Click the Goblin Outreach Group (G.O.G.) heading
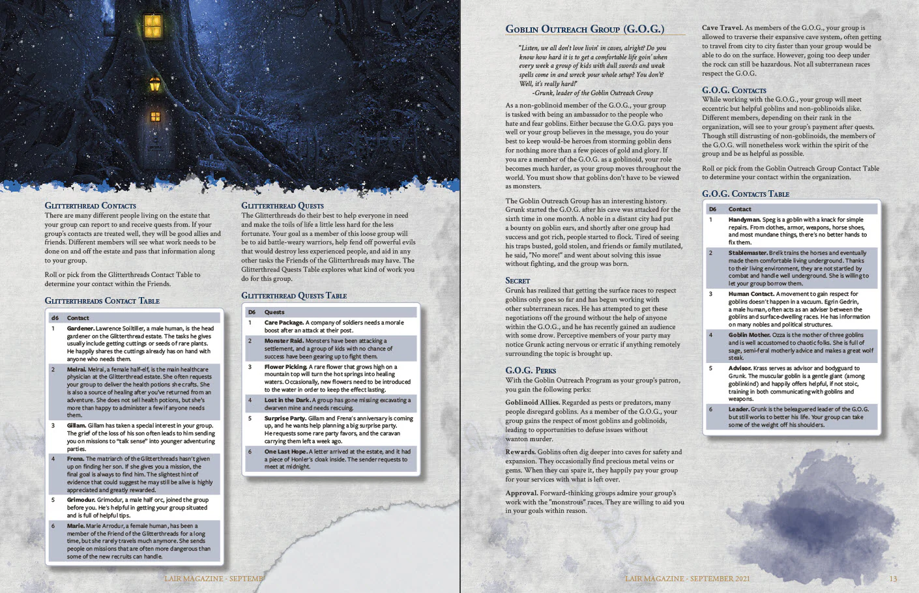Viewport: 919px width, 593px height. pos(585,29)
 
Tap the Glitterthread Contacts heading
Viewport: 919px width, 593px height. pos(90,206)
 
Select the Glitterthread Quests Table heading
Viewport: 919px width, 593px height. pos(294,296)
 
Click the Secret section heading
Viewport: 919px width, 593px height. pos(518,281)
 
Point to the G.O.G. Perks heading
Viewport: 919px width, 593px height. pos(531,371)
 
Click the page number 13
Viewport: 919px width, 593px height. pos(893,579)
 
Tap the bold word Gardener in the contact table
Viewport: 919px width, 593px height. pos(80,328)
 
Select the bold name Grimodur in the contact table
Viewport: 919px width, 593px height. pos(80,500)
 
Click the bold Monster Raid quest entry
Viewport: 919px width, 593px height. pos(284,341)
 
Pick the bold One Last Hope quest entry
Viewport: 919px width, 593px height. pos(285,452)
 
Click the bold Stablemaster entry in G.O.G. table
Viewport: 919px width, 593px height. pos(748,253)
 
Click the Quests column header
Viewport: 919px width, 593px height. pos(274,312)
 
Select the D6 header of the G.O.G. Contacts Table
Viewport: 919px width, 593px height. pos(712,209)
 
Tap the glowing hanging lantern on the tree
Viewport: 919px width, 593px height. pos(154,84)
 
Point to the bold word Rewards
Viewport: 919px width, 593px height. pos(520,452)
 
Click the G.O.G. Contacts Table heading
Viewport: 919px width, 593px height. pos(745,194)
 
